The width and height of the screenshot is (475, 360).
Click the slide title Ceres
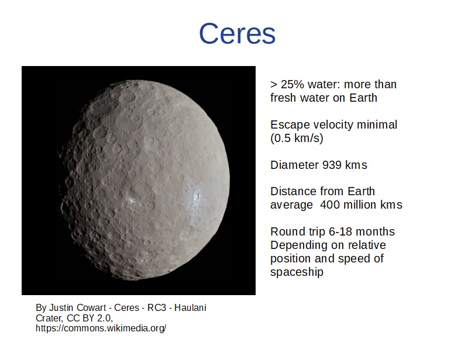point(237,33)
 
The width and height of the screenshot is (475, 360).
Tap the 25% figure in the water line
point(292,84)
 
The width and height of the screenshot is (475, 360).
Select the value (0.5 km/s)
point(297,139)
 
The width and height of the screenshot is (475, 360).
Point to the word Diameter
point(294,165)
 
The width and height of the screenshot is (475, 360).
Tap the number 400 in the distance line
point(330,205)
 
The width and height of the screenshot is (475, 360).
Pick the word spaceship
point(297,272)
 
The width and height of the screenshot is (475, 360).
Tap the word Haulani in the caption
point(190,307)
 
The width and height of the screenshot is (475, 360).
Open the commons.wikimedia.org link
point(101,328)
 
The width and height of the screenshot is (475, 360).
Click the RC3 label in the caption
point(157,307)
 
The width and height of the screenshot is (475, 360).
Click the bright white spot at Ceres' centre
point(131,200)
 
